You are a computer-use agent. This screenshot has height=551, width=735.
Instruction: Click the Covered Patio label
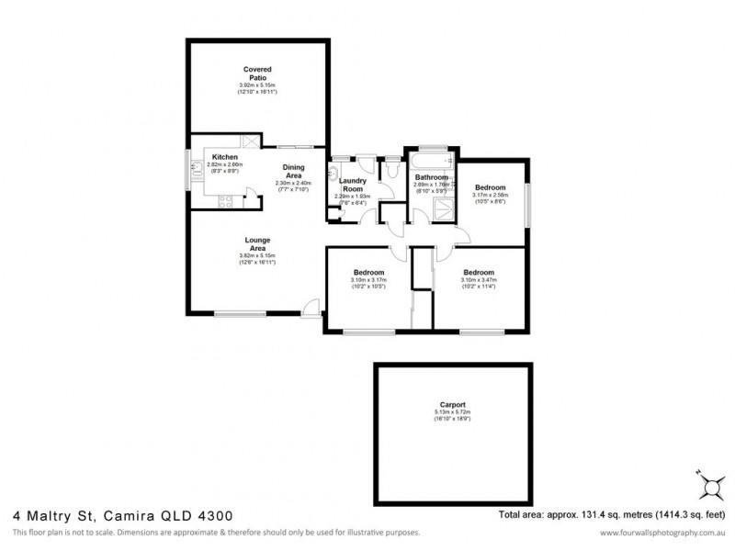pos(257,73)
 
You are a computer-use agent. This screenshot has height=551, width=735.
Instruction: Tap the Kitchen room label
pos(225,157)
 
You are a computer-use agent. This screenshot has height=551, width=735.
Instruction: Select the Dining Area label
pos(294,171)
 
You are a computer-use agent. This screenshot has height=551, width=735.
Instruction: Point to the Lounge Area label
pos(257,244)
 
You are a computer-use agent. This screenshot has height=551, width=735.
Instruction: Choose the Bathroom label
pos(430,176)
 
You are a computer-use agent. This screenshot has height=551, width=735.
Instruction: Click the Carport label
pos(451,404)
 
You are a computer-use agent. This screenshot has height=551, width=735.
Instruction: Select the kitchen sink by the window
pos(197,171)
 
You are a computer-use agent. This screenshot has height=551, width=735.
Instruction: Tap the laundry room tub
pos(334,174)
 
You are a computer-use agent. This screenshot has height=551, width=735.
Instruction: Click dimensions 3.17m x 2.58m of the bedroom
pos(489,195)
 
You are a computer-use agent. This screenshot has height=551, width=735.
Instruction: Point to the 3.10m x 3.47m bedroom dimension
pos(479,282)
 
